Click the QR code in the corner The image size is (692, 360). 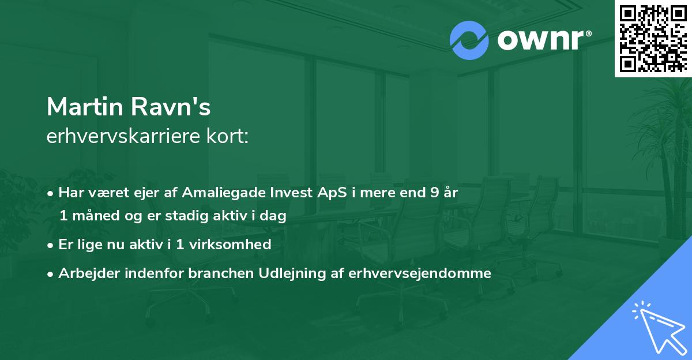pyautogui.click(x=653, y=39)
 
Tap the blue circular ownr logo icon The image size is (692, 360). pyautogui.click(x=469, y=40)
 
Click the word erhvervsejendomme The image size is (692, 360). pyautogui.click(x=419, y=273)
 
